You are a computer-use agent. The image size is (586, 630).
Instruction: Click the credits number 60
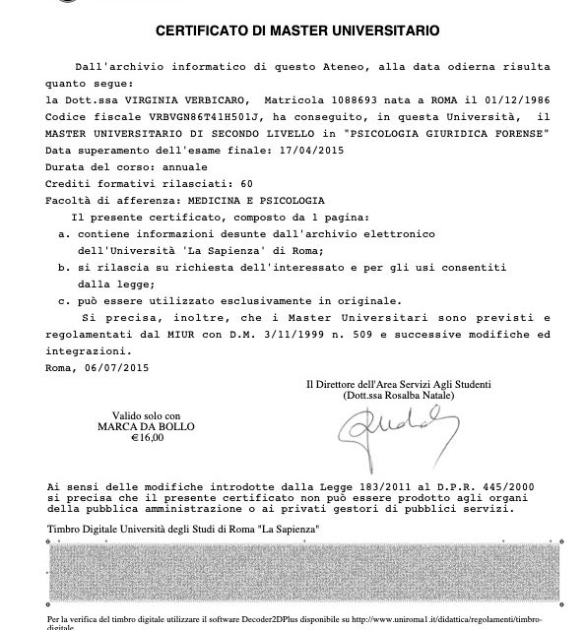(247, 184)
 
